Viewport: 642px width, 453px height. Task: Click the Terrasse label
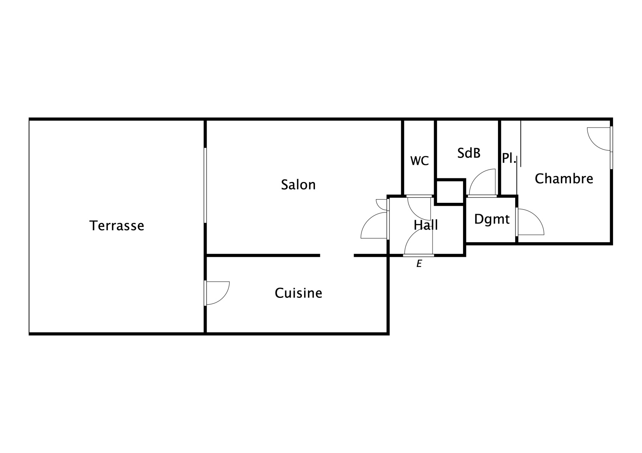(x=117, y=226)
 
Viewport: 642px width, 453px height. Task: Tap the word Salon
(x=299, y=185)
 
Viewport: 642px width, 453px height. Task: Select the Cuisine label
(x=299, y=293)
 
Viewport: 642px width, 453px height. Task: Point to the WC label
(x=419, y=161)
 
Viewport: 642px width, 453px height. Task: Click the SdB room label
(x=469, y=153)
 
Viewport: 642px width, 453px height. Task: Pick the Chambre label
(x=564, y=179)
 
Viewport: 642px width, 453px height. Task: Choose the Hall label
(x=426, y=225)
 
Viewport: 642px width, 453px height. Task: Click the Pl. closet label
(x=509, y=158)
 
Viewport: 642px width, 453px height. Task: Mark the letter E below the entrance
(x=419, y=264)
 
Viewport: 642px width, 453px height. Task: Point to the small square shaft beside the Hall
(x=450, y=192)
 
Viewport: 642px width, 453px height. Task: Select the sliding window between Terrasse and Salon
(x=205, y=185)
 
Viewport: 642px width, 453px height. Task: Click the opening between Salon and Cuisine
(x=337, y=255)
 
